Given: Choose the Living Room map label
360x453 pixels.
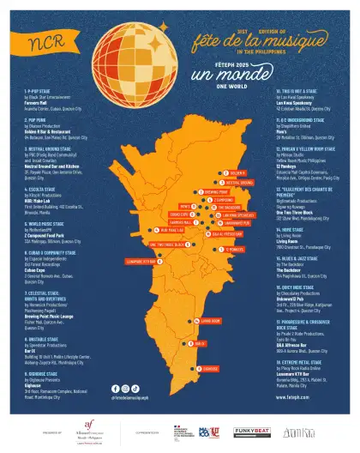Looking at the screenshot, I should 209,320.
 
